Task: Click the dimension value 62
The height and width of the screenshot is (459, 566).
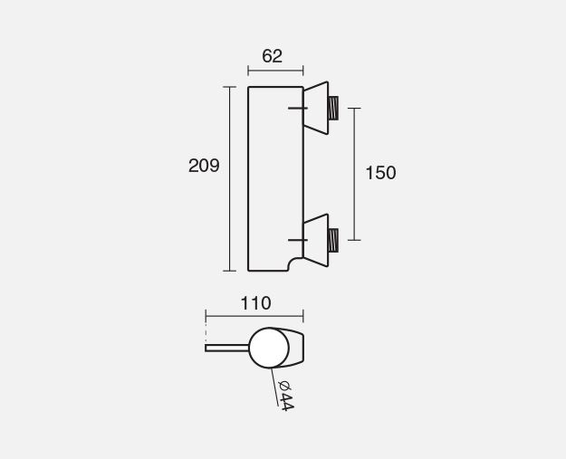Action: [x=273, y=56]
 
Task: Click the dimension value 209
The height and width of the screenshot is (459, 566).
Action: [x=204, y=166]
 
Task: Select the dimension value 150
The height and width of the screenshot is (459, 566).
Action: [x=381, y=173]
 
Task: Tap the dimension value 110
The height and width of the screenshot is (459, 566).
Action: [x=255, y=303]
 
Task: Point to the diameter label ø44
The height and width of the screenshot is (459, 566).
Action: [x=285, y=396]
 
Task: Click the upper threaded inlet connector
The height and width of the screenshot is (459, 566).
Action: [x=333, y=108]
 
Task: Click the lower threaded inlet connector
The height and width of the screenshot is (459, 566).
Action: [x=333, y=240]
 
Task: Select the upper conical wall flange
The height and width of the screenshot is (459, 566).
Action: [x=316, y=108]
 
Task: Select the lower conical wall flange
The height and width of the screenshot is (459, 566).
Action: [x=316, y=240]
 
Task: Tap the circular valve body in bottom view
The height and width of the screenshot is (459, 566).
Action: [x=269, y=348]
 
